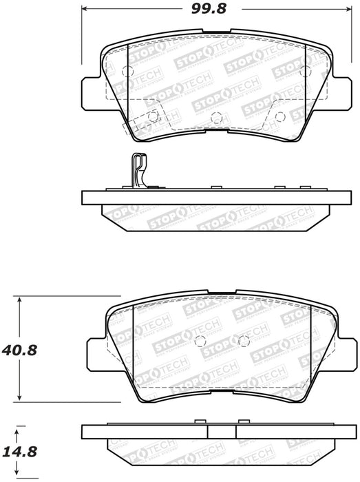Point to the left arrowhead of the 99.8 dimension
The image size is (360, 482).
(x=85, y=8)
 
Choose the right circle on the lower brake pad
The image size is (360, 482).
(x=242, y=340)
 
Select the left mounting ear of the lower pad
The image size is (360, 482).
(x=96, y=351)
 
